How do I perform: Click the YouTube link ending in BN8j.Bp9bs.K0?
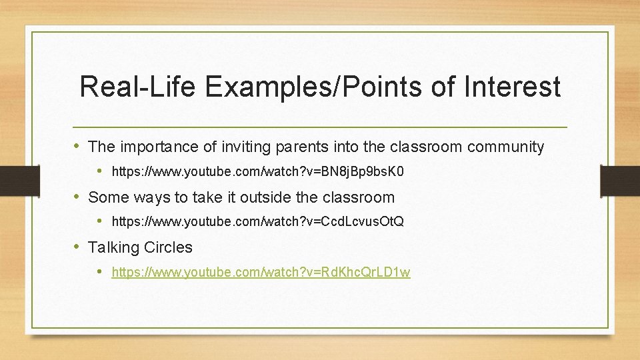coord(257,171)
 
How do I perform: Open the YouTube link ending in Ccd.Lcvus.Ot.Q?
coord(257,221)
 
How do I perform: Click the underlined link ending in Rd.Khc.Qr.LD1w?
coord(261,271)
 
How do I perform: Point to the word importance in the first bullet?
coord(154,147)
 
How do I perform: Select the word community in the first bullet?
coord(506,147)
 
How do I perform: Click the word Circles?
coord(167,247)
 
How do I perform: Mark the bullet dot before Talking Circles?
coord(79,247)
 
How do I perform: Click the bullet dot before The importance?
coord(79,146)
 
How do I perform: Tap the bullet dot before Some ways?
coord(79,197)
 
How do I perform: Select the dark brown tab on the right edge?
coord(620,180)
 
